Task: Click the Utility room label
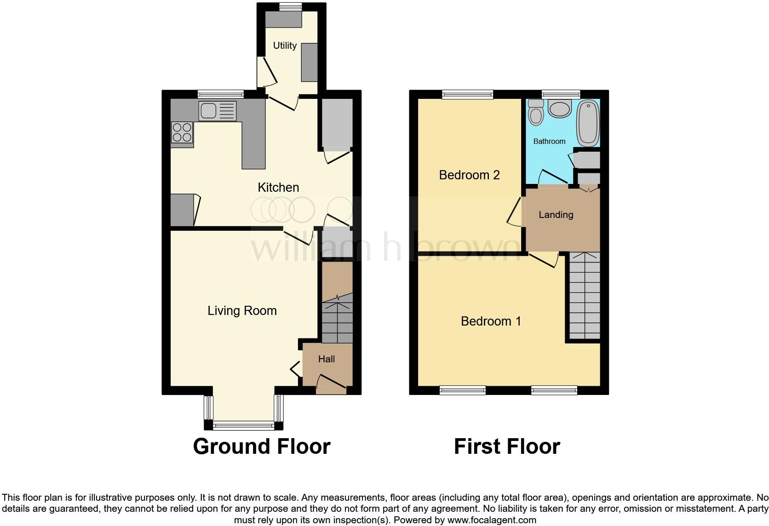(x=285, y=46)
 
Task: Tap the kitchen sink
(x=217, y=111)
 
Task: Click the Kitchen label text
(x=278, y=187)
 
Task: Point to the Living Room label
(x=242, y=310)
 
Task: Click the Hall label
(x=327, y=359)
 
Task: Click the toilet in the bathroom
(x=536, y=113)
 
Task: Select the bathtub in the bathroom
(x=587, y=123)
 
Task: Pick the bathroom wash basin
(x=560, y=109)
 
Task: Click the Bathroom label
(x=549, y=141)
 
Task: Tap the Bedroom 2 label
(x=469, y=175)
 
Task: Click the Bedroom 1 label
(x=491, y=321)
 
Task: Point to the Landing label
(x=556, y=215)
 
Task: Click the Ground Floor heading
(x=262, y=446)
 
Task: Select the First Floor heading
(x=506, y=446)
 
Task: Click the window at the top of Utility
(x=291, y=6)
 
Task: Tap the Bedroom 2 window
(x=467, y=94)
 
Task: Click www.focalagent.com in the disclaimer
(x=492, y=520)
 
